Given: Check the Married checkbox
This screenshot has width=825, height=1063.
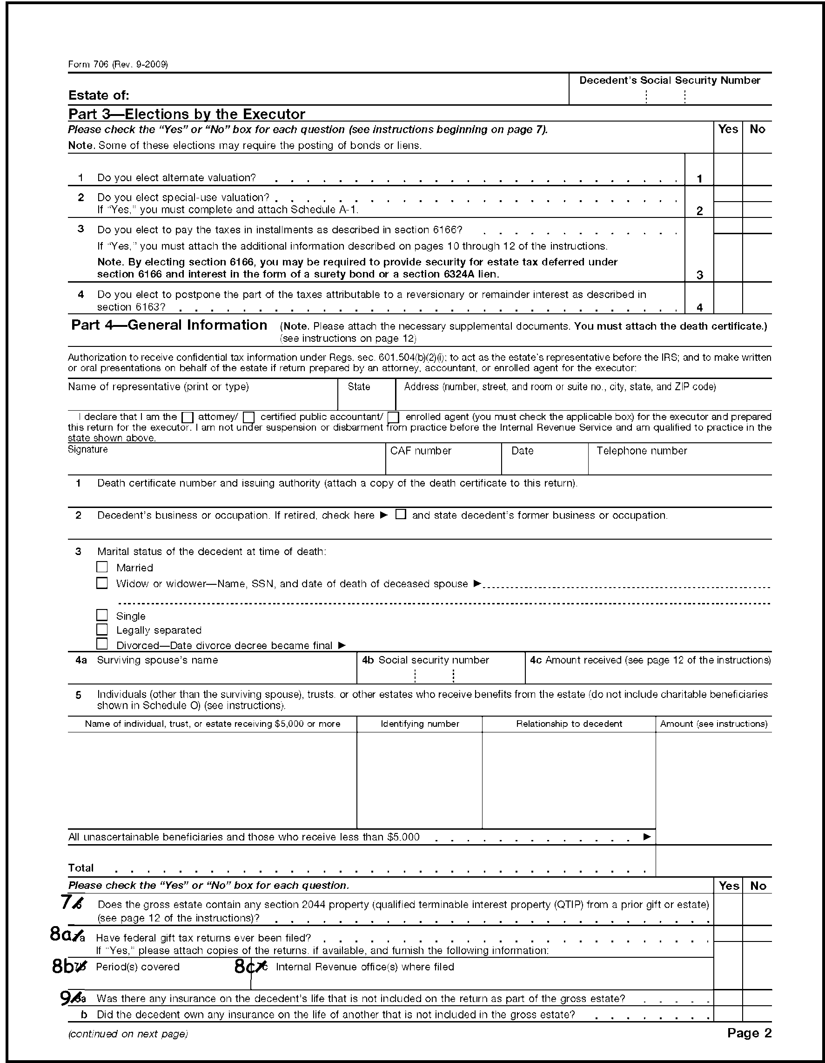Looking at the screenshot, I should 101,567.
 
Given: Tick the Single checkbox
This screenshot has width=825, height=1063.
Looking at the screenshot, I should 101,615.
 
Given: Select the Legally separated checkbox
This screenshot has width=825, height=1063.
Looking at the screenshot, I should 101,630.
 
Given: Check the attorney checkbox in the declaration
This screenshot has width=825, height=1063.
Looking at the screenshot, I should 187,418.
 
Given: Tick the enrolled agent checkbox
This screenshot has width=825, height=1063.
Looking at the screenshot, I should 394,418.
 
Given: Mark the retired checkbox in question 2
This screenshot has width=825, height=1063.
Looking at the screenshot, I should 400,515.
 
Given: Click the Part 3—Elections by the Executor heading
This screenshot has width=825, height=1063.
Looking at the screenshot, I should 187,114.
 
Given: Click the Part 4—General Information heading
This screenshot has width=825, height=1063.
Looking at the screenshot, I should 169,325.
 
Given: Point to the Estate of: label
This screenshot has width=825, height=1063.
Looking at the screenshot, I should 99,95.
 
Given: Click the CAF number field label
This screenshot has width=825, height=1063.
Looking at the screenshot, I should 421,451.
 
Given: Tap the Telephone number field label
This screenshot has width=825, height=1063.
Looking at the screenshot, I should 642,451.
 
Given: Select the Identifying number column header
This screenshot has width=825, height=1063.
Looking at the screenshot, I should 420,724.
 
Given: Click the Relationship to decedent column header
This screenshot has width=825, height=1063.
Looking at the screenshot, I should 569,724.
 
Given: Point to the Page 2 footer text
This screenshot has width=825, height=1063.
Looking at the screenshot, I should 749,1033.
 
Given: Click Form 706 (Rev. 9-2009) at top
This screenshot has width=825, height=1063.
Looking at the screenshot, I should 118,64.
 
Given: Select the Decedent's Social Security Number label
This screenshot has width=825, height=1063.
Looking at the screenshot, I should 670,80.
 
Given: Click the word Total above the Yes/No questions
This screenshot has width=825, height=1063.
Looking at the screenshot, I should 81,868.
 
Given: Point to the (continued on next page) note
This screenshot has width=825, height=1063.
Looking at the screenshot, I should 128,1034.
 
